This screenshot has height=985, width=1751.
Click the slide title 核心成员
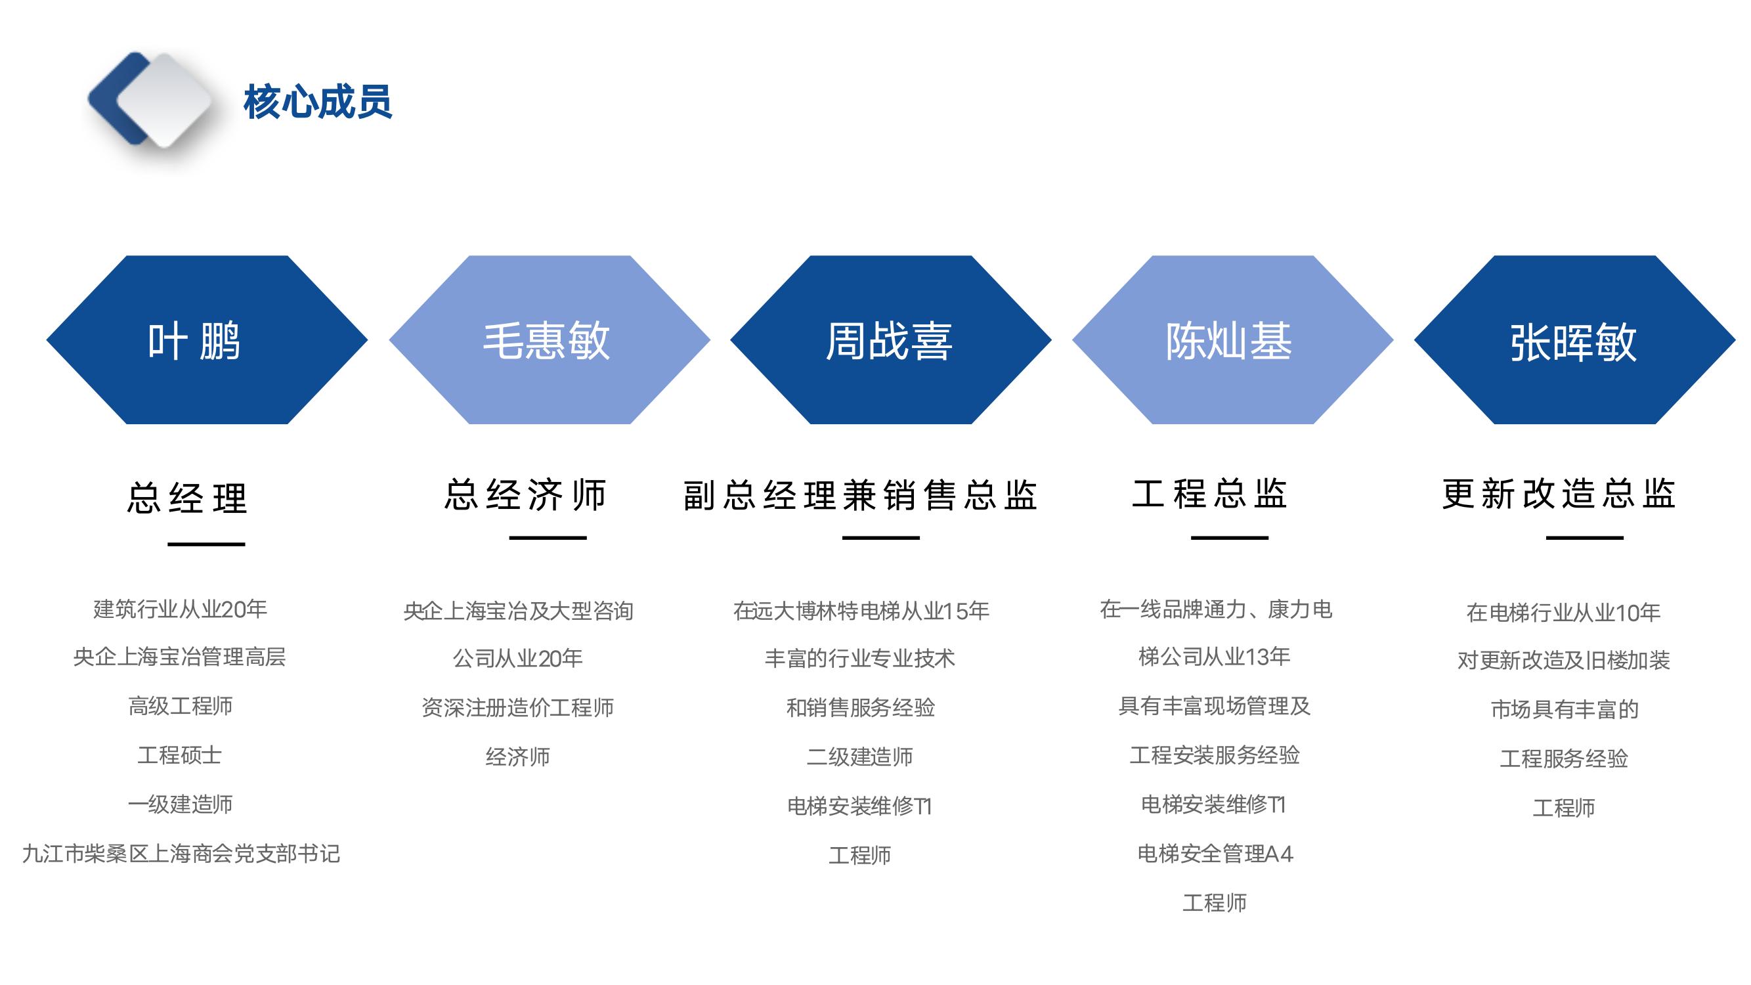tap(317, 102)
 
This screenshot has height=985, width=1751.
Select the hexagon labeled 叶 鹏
tap(207, 340)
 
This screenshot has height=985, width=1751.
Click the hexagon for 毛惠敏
tap(550, 340)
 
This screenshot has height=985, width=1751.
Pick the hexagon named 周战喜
tap(890, 340)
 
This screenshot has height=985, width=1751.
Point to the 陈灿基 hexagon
tap(1232, 340)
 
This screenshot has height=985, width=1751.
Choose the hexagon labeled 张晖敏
tap(1574, 340)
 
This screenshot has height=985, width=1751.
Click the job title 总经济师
tap(525, 494)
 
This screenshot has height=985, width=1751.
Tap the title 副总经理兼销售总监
tap(860, 494)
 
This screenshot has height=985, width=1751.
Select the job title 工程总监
tap(1210, 494)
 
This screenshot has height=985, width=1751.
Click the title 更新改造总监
tap(1559, 494)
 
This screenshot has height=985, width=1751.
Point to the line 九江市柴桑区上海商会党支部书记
tap(181, 854)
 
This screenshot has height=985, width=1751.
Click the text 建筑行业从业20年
tap(180, 609)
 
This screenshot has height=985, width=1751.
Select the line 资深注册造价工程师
tap(518, 708)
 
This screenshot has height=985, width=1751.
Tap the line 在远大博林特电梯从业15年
tap(861, 611)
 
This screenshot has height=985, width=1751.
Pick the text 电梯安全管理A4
tap(1215, 854)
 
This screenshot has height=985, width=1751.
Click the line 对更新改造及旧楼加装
tap(1563, 660)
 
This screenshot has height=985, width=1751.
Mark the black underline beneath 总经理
tap(207, 544)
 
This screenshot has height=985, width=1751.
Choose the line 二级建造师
tap(860, 756)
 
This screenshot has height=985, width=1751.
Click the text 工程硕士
tap(180, 755)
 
